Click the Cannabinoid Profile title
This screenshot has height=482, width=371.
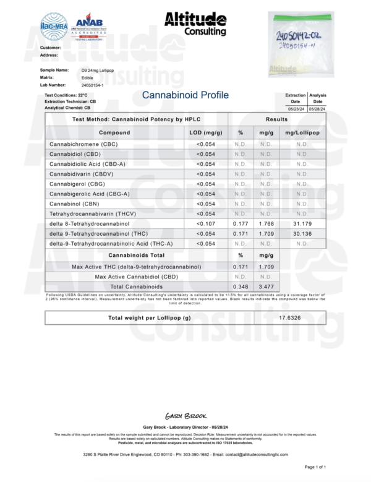click(185, 95)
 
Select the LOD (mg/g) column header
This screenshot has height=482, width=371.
click(205, 132)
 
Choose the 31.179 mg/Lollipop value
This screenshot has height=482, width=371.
click(302, 223)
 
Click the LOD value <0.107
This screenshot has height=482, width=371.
click(205, 223)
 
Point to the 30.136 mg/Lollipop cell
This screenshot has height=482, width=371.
click(302, 233)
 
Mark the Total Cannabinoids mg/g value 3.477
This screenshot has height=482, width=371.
click(267, 287)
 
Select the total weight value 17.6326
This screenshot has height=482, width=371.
click(290, 318)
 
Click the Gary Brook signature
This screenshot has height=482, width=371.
click(185, 416)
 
